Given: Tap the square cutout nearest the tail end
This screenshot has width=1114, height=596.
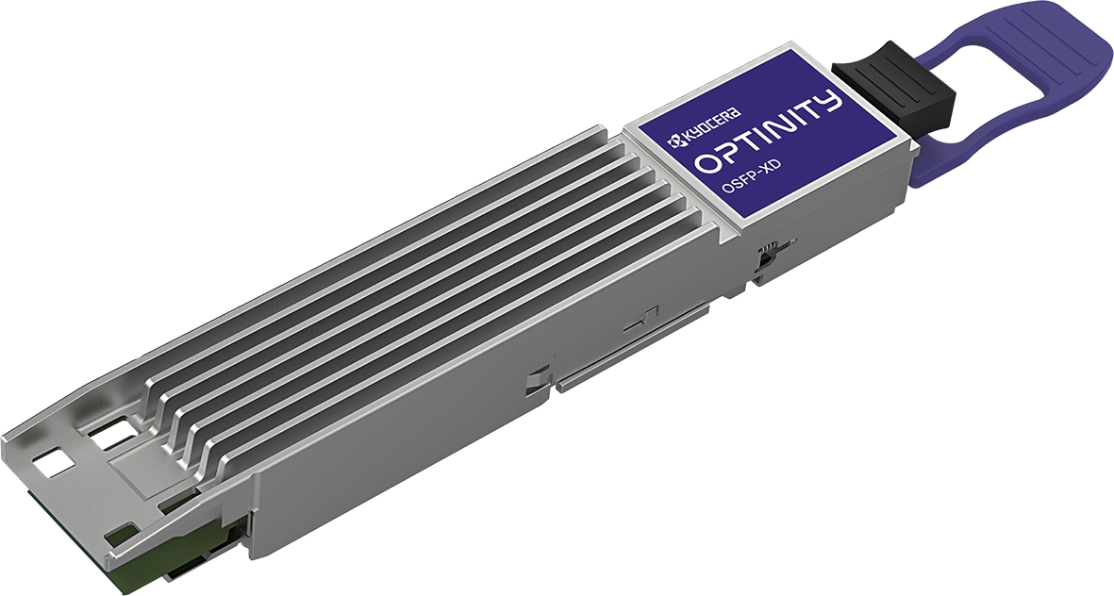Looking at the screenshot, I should (53, 460).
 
